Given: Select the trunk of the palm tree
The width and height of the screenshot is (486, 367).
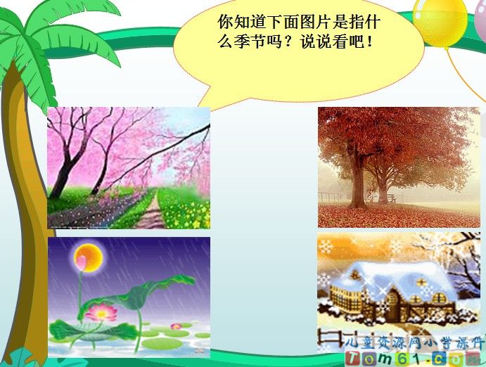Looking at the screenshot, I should (21, 211).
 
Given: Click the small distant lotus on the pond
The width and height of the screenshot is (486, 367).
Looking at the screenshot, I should (176, 326).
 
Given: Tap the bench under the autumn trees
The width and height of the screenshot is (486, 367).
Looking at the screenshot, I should (390, 198).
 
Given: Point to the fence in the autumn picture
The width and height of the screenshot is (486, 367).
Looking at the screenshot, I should (331, 196).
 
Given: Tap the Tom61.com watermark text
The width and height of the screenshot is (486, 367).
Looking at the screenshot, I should (415, 358).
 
